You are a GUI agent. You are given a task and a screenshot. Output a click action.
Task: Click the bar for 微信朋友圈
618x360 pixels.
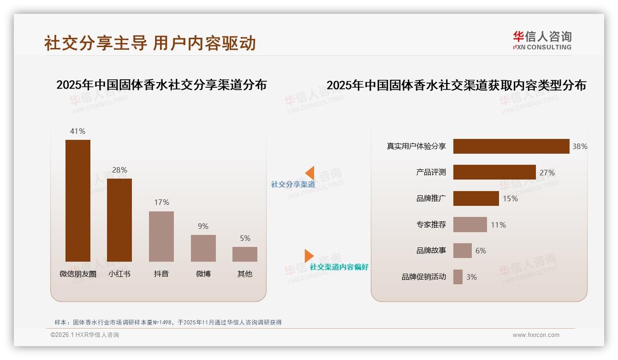[77, 201]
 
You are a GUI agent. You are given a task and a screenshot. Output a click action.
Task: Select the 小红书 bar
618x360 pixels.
[119, 220]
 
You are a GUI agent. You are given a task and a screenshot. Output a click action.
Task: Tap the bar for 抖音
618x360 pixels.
[161, 236]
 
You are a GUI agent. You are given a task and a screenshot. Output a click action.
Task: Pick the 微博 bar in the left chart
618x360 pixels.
[203, 248]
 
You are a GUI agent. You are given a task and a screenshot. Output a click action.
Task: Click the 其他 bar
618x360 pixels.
[245, 254]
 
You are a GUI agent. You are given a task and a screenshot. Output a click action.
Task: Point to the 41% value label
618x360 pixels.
[77, 131]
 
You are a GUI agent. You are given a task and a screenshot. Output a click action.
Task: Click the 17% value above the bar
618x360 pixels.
[161, 202]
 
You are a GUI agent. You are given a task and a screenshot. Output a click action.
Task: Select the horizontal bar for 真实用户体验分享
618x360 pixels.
[511, 146]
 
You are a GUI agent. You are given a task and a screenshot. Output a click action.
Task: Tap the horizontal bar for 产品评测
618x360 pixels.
[494, 172]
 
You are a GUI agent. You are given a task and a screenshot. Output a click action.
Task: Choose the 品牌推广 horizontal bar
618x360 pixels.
[476, 198]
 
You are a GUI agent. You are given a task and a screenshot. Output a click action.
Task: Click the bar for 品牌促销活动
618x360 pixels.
[458, 277]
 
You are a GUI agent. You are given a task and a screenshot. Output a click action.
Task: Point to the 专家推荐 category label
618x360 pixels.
[431, 225]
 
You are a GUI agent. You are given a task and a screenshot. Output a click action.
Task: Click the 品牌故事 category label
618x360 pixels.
[431, 251]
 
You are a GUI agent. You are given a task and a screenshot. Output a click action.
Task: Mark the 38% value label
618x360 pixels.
[580, 146]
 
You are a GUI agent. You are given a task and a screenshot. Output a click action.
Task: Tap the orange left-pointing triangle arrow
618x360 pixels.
[310, 173]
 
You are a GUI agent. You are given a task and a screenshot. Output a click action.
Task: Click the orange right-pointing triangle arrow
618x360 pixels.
[309, 256]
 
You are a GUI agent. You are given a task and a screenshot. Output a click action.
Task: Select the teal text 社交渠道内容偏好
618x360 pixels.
[339, 267]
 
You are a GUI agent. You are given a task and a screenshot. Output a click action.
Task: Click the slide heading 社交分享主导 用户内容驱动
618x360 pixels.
[150, 43]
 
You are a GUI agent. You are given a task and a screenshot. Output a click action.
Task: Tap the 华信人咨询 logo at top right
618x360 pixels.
[542, 40]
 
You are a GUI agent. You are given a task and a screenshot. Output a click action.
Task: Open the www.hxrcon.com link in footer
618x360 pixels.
[536, 335]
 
